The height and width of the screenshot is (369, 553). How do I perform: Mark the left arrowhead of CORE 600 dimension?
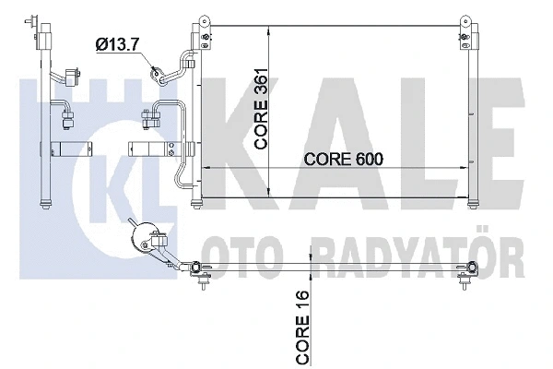206,168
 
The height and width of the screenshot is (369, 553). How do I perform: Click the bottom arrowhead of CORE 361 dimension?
268,190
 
